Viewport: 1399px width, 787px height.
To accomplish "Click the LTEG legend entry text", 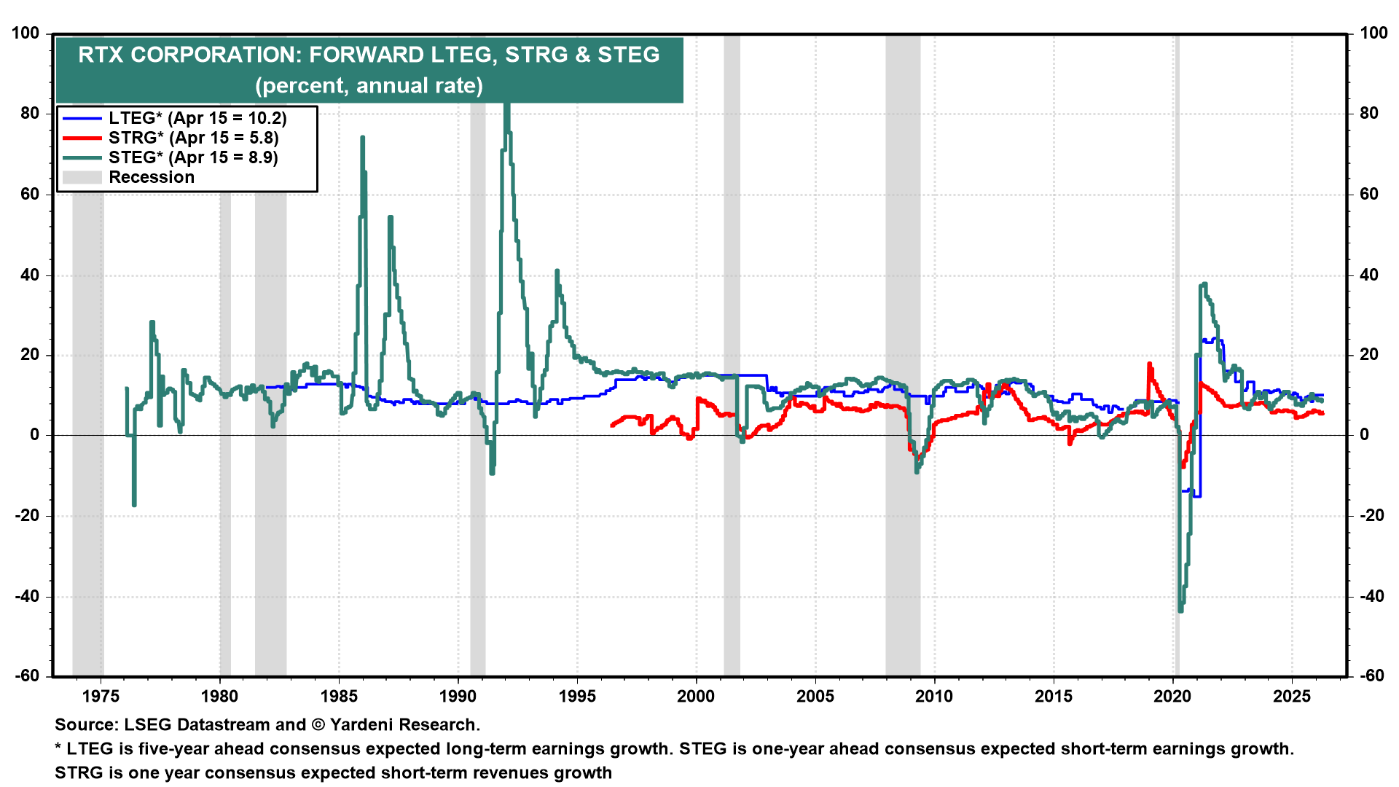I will pos(197,118).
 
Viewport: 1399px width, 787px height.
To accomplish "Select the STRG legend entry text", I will pos(193,138).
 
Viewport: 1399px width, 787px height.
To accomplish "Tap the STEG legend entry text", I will pos(193,157).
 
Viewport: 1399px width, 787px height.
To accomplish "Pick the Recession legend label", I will pos(152,177).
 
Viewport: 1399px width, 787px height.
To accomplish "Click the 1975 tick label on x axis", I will pos(101,696).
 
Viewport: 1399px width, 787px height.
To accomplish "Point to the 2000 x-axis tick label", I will pos(696,696).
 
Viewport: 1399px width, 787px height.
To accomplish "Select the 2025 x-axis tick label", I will pos(1292,696).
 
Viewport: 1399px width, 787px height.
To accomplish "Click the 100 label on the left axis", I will pos(26,33).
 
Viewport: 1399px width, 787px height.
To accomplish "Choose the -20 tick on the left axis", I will pos(28,515).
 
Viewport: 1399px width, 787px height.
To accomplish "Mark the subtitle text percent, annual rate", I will pos(369,85).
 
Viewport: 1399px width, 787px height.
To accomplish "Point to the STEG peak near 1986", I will pos(362,138).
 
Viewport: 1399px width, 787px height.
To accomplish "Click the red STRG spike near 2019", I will pos(1150,364).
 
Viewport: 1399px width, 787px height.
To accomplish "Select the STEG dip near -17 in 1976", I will pos(134,504).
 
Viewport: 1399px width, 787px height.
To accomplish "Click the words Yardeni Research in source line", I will pos(404,724).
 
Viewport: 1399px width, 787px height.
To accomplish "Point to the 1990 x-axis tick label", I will pos(458,696).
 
